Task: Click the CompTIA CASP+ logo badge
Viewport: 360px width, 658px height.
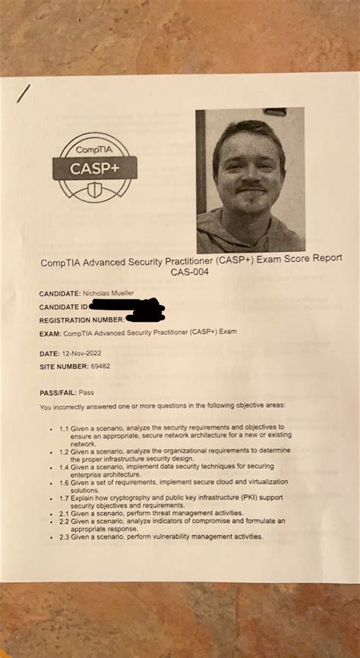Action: (x=94, y=166)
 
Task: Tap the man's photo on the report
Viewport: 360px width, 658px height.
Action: (x=250, y=181)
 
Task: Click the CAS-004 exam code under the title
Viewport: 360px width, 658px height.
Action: (x=190, y=272)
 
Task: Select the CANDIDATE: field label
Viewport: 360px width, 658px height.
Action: (x=60, y=293)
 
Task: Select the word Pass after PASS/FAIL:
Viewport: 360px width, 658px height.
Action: (x=87, y=393)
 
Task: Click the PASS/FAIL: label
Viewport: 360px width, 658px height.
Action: (x=58, y=393)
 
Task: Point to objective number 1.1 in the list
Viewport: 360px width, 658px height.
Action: (x=65, y=428)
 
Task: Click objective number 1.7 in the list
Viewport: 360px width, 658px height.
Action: (x=65, y=499)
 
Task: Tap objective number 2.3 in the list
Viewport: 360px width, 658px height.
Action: (x=65, y=537)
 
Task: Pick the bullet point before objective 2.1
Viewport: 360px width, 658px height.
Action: (x=51, y=515)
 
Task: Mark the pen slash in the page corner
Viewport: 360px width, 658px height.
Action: (x=24, y=93)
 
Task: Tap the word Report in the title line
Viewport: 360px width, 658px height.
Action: (x=326, y=259)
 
